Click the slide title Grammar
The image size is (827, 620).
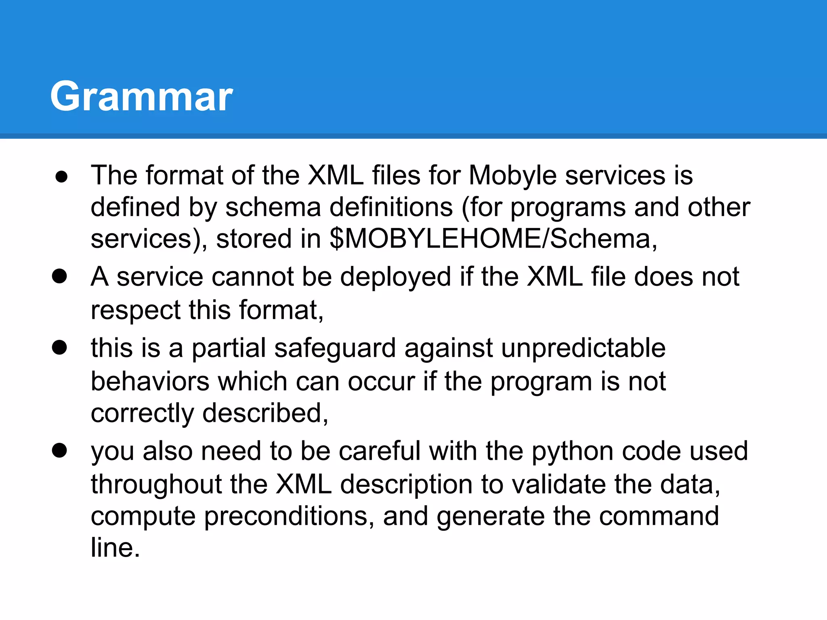coord(141,97)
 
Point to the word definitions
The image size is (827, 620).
coord(391,207)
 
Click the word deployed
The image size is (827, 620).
coord(395,278)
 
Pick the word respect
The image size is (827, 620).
coord(135,310)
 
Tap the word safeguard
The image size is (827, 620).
coord(335,348)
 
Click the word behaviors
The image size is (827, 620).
coord(150,381)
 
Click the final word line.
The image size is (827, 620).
coord(115,548)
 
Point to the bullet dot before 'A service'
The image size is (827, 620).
coord(59,277)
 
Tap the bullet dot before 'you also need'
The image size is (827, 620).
coord(59,450)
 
